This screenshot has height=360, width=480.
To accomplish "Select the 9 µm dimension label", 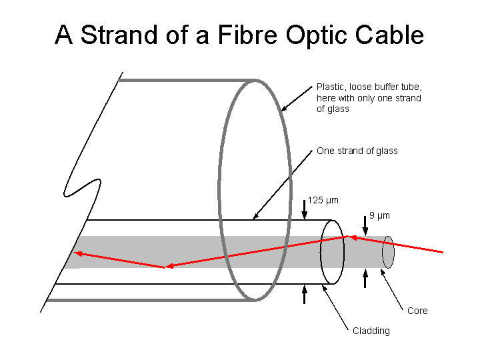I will pos(379,215).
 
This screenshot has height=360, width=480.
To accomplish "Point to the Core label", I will pos(417,311).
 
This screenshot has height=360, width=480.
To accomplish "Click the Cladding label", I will pos(371,331).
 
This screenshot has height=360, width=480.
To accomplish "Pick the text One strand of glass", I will pos(357,151).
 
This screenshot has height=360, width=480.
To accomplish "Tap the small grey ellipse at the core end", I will pos(388,251).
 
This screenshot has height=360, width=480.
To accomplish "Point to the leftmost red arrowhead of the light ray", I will pos(78,253).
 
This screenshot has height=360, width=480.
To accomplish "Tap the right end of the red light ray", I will pos(443,252).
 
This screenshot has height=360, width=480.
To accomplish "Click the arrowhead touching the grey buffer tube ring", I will pos(283,108).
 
